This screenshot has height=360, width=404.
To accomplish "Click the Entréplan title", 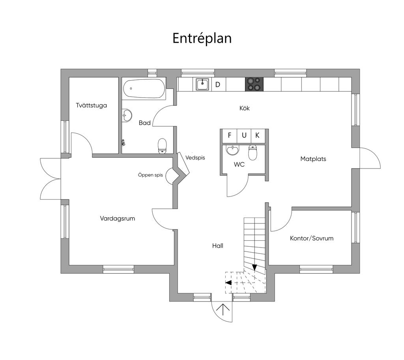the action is (x=202, y=38).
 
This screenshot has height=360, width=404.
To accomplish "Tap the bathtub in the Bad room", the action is (x=144, y=89).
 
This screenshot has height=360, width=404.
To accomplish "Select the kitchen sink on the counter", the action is (x=202, y=84).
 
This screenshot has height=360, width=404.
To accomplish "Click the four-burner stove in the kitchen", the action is (x=254, y=84).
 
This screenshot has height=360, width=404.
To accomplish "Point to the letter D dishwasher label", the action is (x=218, y=84).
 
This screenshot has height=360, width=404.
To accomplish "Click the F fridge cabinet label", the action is (x=230, y=135).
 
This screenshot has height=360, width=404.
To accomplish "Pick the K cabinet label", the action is (x=257, y=135).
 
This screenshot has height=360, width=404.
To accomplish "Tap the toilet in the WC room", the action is (x=253, y=152).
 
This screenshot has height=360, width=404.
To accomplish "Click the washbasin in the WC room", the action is (x=233, y=150).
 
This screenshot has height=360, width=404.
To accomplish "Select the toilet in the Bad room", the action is (x=162, y=146).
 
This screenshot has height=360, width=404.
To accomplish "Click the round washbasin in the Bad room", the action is (x=127, y=115).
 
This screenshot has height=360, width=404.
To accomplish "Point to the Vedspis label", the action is (x=195, y=157).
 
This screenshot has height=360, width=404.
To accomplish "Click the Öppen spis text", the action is (x=150, y=175).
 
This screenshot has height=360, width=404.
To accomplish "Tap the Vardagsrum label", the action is (x=118, y=218).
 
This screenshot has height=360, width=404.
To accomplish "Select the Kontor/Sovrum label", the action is (x=312, y=238).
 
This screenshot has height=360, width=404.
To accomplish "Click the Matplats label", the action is (x=313, y=159).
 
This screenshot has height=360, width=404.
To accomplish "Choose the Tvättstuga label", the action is (x=92, y=105).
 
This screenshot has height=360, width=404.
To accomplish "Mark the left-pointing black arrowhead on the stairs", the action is (x=228, y=282).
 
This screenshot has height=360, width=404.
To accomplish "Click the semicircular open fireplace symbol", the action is (x=169, y=176).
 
